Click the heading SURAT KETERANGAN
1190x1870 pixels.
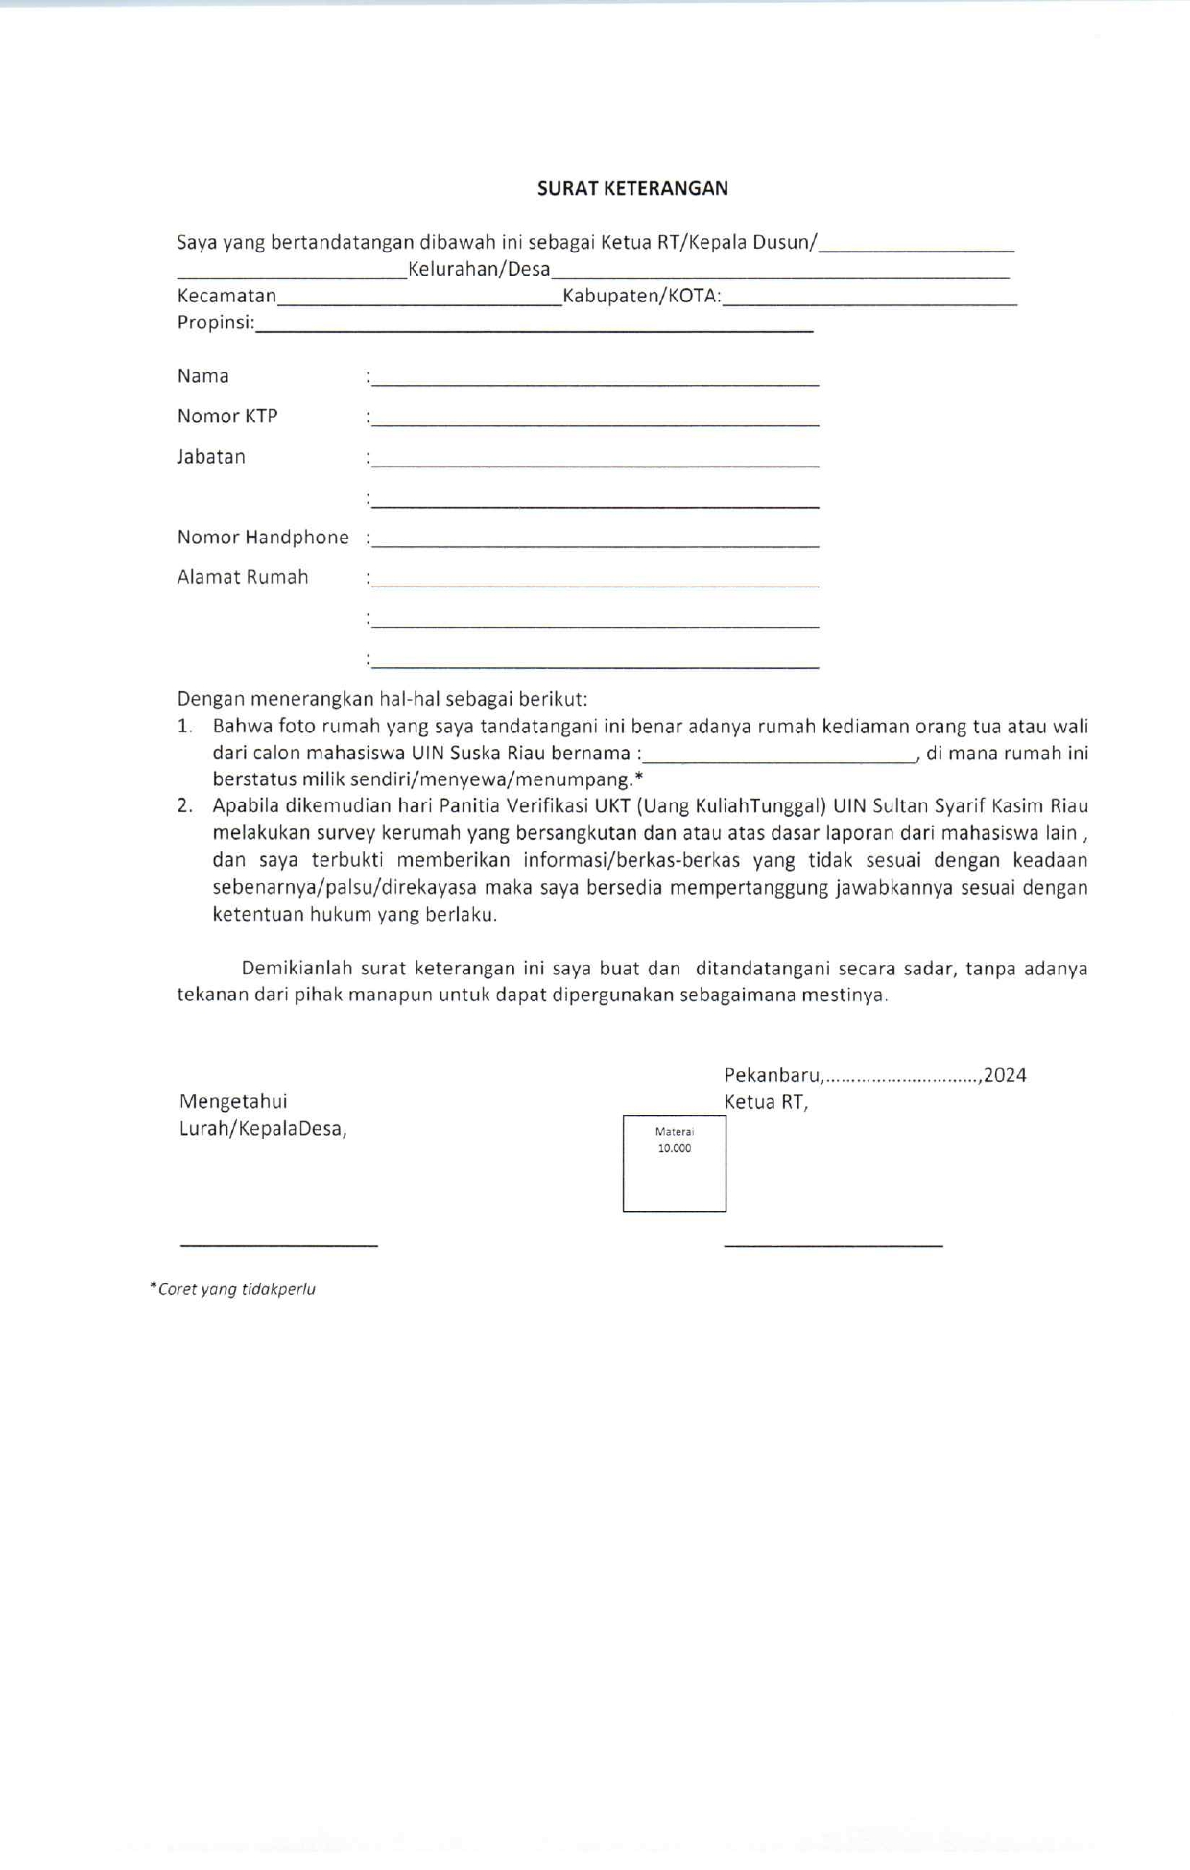pos(632,188)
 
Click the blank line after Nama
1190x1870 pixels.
pos(595,383)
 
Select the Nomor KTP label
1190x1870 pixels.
pos(227,416)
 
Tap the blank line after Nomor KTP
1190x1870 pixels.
pos(595,423)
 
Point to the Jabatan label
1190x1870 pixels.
pos(211,457)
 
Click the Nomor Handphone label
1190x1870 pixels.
pos(263,538)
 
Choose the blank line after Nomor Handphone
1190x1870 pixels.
pos(595,544)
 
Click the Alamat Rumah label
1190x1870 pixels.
pos(243,577)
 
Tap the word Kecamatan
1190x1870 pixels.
pos(226,296)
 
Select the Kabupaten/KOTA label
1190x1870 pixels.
pos(641,296)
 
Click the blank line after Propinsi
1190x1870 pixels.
pos(534,329)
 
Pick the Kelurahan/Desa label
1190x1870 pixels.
pos(479,269)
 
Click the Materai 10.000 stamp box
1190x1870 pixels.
pos(674,1163)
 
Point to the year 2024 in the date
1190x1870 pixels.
pos(1005,1075)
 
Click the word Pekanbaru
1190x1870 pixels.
pos(773,1075)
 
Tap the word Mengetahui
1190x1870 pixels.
pos(233,1101)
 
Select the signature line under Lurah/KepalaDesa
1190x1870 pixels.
pos(278,1245)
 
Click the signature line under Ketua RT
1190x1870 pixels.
pos(833,1245)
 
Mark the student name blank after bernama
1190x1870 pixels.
pos(779,759)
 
